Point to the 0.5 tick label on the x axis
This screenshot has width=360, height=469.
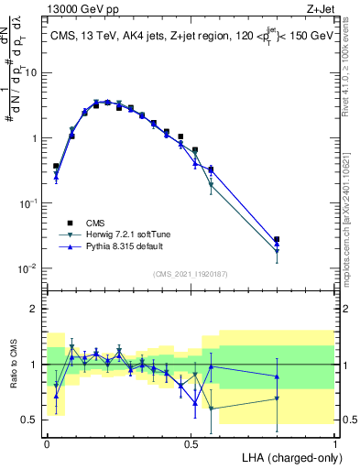191,442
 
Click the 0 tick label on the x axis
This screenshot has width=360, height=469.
47,442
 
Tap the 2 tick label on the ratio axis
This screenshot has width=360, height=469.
35,309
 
